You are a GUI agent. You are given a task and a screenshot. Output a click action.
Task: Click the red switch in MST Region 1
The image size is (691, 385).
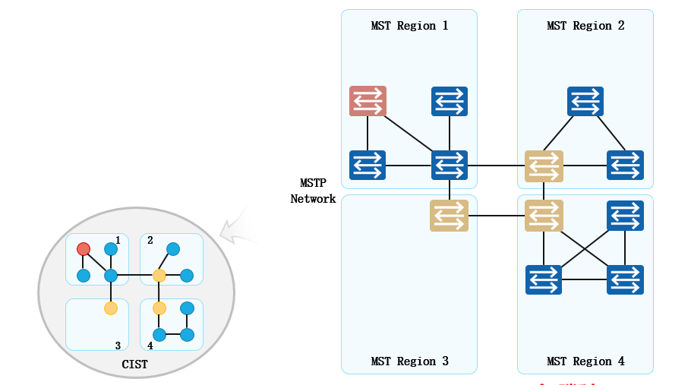[x=368, y=101]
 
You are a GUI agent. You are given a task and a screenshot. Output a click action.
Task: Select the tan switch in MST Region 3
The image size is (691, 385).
[x=449, y=215]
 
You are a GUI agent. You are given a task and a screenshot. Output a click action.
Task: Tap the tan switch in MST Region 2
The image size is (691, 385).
[x=544, y=166]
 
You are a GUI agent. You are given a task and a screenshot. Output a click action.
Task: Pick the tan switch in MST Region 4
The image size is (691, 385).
[x=544, y=215]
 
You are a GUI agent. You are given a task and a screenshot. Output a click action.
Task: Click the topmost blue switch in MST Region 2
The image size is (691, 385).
[x=585, y=101]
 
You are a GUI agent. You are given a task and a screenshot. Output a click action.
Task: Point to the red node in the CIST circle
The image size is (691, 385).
[x=84, y=249]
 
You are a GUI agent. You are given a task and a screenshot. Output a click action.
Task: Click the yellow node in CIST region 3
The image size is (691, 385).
[x=111, y=308]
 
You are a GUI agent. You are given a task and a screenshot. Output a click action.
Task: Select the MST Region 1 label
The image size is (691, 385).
[x=409, y=26]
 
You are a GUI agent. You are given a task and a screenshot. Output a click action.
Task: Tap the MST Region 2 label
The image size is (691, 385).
[x=585, y=26]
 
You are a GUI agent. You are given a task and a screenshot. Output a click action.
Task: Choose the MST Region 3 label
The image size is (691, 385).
[x=409, y=361]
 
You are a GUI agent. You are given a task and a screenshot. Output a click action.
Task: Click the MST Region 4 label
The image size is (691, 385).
[x=585, y=361]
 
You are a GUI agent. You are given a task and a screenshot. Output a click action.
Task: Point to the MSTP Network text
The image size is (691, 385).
[x=313, y=191]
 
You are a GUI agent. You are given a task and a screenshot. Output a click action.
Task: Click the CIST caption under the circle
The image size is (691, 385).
[x=135, y=365]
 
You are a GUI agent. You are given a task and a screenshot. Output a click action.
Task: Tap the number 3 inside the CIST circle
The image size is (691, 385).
[x=118, y=346]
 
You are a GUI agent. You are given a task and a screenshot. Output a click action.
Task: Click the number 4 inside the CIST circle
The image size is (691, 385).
[x=150, y=346]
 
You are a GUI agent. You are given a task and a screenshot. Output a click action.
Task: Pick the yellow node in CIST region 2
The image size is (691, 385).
[x=159, y=275]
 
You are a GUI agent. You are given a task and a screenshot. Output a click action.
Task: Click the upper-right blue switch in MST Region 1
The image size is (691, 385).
[x=450, y=101]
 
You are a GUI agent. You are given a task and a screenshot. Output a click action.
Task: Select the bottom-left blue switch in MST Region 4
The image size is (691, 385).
[x=544, y=279]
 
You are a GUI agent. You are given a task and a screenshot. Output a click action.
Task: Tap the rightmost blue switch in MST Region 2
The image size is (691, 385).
[x=626, y=166]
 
